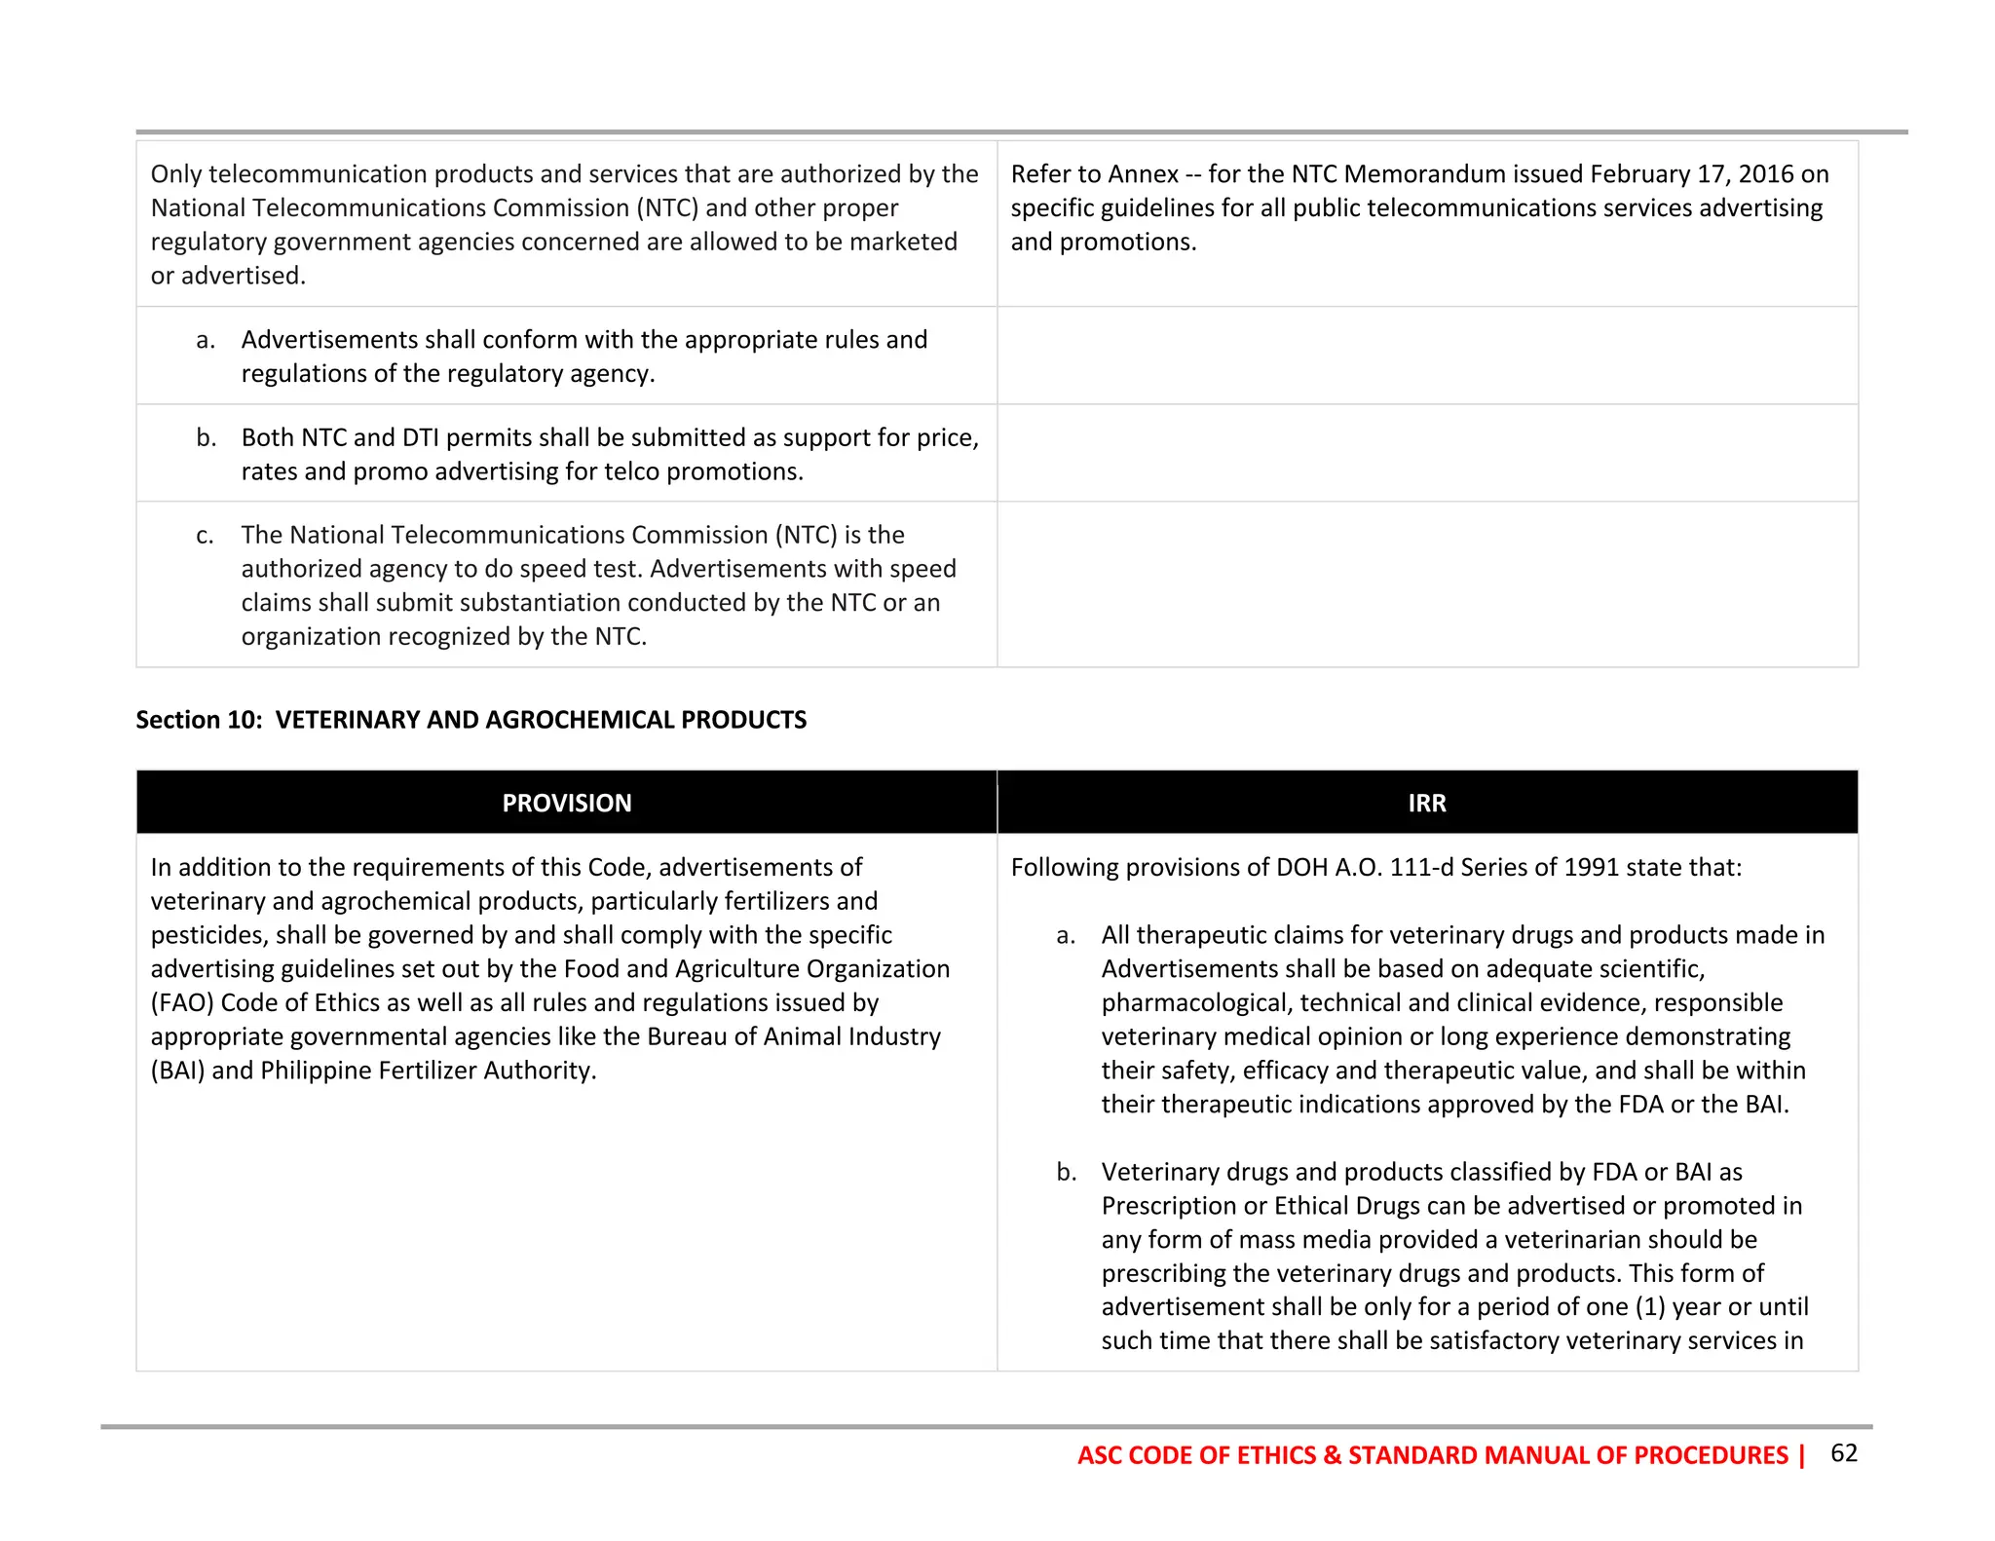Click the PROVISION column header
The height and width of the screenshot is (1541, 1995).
click(x=566, y=803)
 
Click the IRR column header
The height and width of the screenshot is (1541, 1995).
click(x=1426, y=803)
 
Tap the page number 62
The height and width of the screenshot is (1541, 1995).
click(x=1843, y=1452)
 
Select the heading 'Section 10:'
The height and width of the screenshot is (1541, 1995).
click(x=199, y=720)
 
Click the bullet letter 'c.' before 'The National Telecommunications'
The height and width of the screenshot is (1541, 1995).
click(x=205, y=535)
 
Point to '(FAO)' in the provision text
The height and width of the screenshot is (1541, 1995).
click(x=182, y=1002)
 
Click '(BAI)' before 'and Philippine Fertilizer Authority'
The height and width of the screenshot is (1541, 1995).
click(x=178, y=1071)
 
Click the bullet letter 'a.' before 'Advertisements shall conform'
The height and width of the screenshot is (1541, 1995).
click(x=205, y=340)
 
